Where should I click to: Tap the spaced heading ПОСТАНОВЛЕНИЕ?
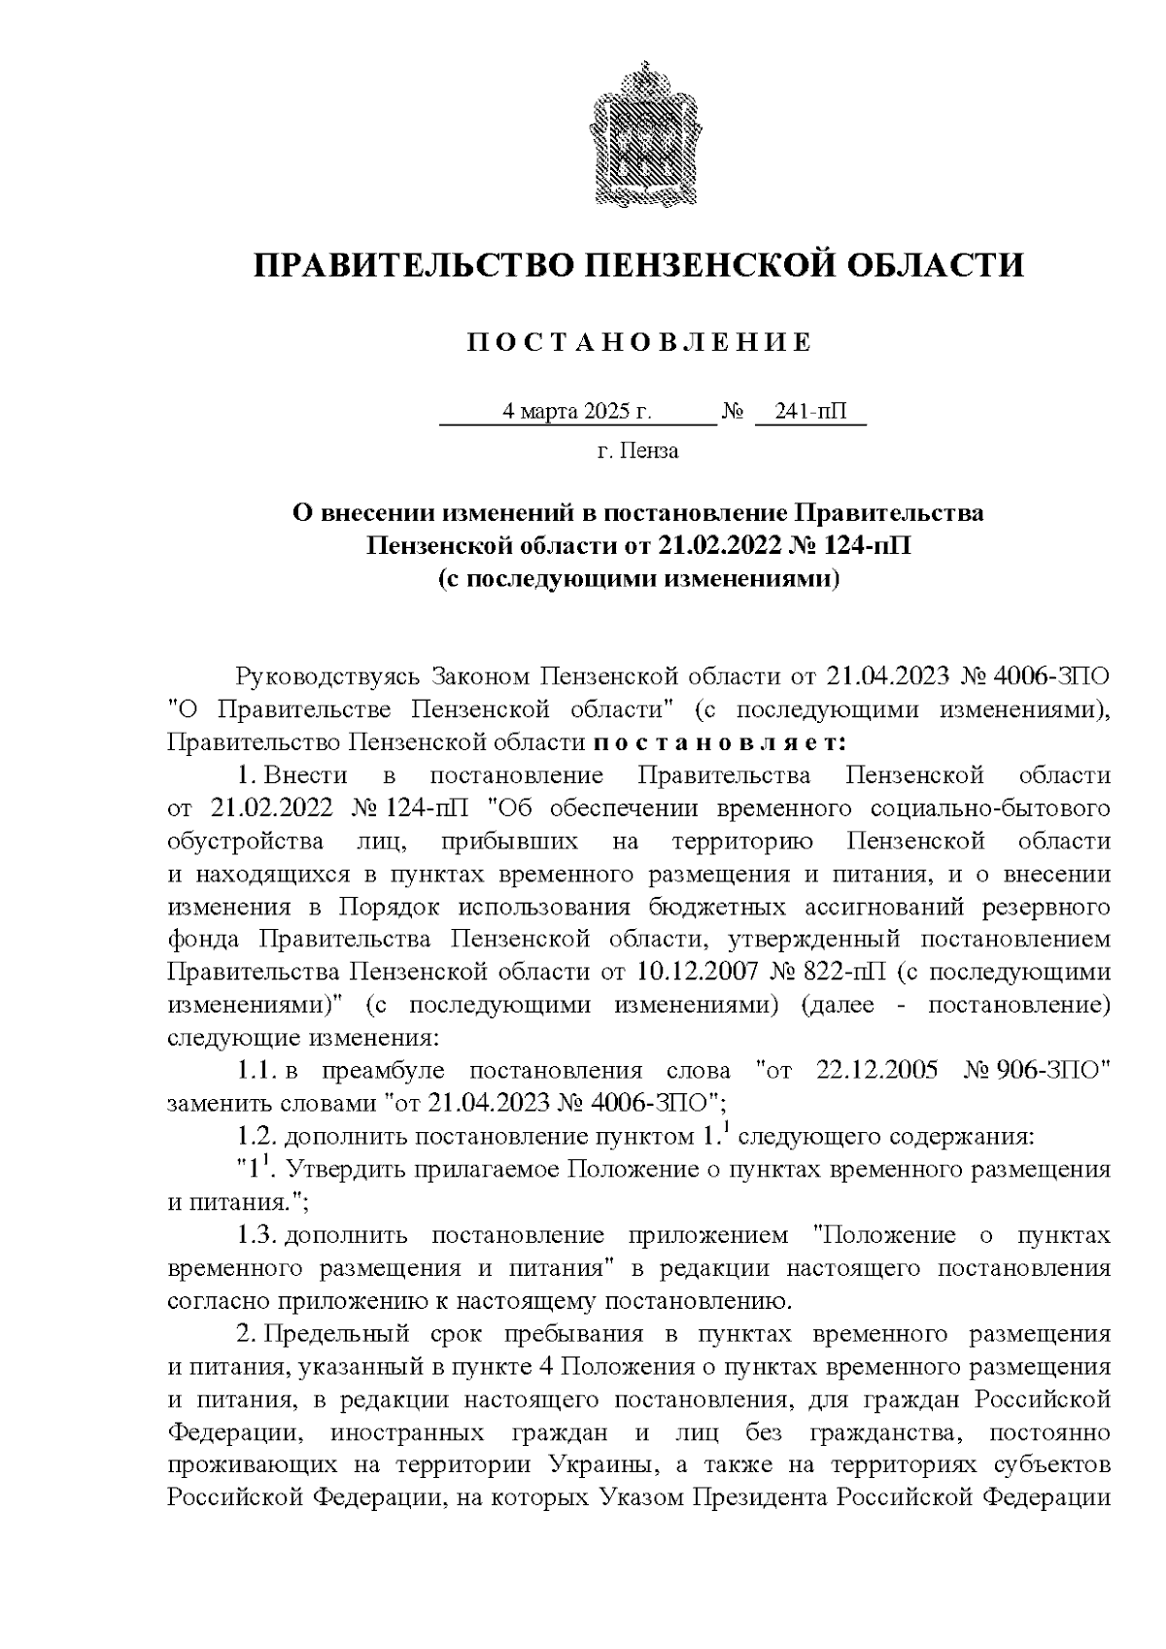(x=638, y=343)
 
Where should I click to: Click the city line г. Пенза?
(x=637, y=451)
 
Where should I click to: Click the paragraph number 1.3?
(x=257, y=1236)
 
